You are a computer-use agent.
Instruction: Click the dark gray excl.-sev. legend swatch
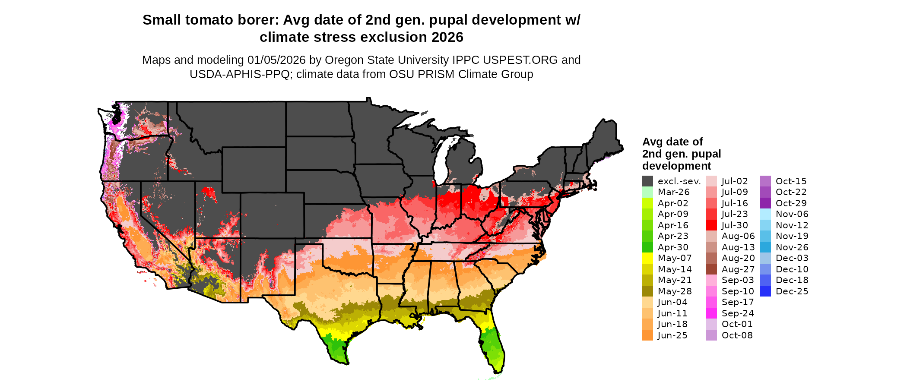pos(647,181)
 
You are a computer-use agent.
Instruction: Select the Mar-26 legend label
pos(673,192)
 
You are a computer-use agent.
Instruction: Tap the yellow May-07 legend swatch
pos(647,258)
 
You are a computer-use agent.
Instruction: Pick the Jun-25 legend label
pos(672,335)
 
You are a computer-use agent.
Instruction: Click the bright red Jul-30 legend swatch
pos(711,225)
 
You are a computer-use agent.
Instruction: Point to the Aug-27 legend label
pos(738,269)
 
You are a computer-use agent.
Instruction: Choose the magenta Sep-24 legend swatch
pos(711,313)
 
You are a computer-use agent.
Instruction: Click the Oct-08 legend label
pos(737,335)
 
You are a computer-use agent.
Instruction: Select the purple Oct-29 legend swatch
pos(765,203)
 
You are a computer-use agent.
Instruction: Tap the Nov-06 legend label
pos(792,214)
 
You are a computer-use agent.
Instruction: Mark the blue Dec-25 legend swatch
pos(765,291)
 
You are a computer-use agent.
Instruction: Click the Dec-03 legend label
pos(792,258)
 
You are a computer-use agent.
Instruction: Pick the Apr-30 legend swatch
pos(647,247)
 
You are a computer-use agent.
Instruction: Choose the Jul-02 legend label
pos(735,181)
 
